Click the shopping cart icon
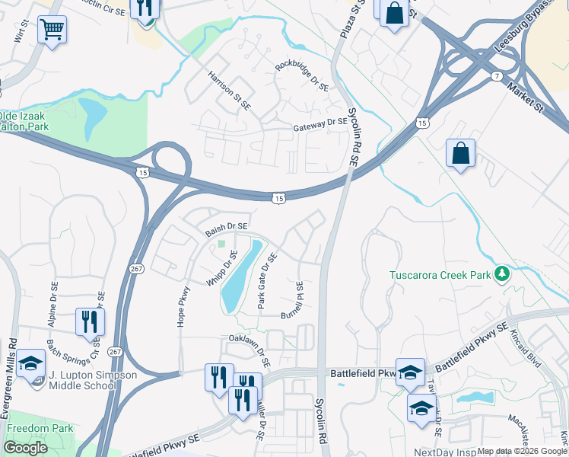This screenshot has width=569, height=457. coord(52,30)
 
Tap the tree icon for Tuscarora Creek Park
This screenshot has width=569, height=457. coord(501,273)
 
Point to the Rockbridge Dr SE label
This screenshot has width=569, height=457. coord(301,77)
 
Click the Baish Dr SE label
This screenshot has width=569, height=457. coord(226,226)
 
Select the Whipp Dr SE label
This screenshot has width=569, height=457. coord(221,267)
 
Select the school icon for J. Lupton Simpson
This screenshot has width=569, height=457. coord(31,363)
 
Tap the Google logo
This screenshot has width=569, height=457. coord(26,448)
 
